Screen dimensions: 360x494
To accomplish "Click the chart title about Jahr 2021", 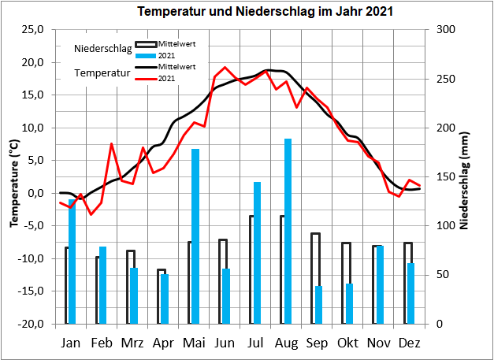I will point(255,13).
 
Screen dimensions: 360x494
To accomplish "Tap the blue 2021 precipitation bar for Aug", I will point(288,231).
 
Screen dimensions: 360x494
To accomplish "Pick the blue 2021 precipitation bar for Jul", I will point(257,253).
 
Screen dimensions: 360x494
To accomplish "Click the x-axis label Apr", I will point(163,343).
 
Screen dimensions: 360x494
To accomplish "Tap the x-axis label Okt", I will point(347,343).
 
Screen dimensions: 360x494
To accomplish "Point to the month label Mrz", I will point(132,343).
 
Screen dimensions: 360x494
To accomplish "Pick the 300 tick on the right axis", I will point(447,30).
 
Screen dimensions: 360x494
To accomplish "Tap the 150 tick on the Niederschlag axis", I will point(447,177).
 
